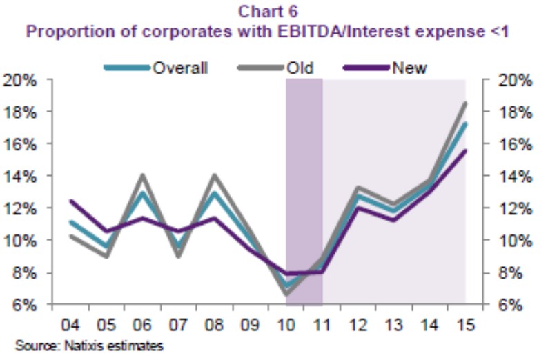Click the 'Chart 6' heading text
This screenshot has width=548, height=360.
pyautogui.click(x=273, y=11)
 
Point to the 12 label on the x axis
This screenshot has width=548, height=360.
pyautogui.click(x=358, y=323)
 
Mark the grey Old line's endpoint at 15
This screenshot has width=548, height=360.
pyautogui.click(x=464, y=103)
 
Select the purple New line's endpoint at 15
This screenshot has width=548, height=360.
pyautogui.click(x=464, y=151)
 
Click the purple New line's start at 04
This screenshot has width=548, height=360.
pyautogui.click(x=71, y=201)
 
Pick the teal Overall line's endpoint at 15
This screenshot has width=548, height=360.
pyautogui.click(x=464, y=123)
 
